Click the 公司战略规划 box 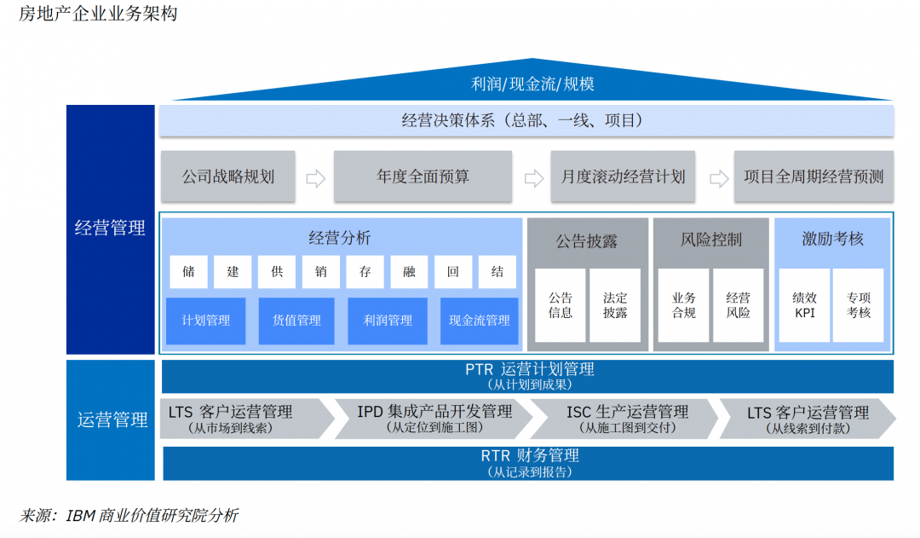pos(227,177)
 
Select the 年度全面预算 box pos(423,177)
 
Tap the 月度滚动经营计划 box pos(623,177)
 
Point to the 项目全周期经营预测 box pos(814,177)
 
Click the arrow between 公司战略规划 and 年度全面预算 pos(315,178)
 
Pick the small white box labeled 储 pos(188,272)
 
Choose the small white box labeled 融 pos(409,272)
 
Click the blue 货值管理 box pos(296,321)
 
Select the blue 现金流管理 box pos(480,321)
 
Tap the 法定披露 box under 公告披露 pos(614,305)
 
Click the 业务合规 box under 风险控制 pos(683,305)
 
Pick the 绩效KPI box pos(804,305)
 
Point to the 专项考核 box pos(858,305)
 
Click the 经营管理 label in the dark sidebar pos(110,229)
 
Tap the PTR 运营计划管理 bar pos(528,376)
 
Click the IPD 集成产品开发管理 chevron pos(434,419)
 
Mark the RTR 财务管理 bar pos(528,463)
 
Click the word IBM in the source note pos(80,516)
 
